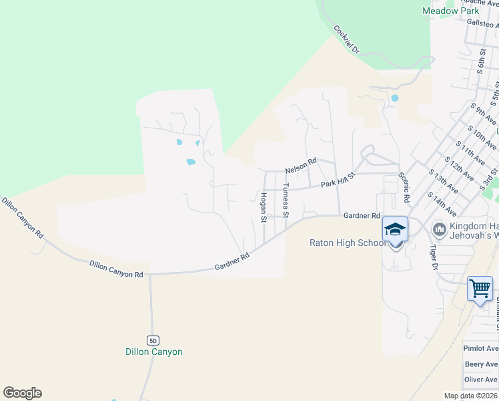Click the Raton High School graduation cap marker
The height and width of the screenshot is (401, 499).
[x=395, y=230]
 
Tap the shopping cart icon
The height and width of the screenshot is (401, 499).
[x=480, y=289]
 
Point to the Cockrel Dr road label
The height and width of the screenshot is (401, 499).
[x=346, y=40]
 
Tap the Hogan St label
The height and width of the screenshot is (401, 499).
[x=264, y=207]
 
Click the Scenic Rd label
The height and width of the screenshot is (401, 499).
[x=404, y=187]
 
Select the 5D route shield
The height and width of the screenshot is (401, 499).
[x=153, y=340]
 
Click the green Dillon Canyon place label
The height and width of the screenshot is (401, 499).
[x=153, y=352]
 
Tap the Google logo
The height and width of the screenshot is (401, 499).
[x=22, y=393]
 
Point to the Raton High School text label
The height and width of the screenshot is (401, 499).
[x=348, y=243]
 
